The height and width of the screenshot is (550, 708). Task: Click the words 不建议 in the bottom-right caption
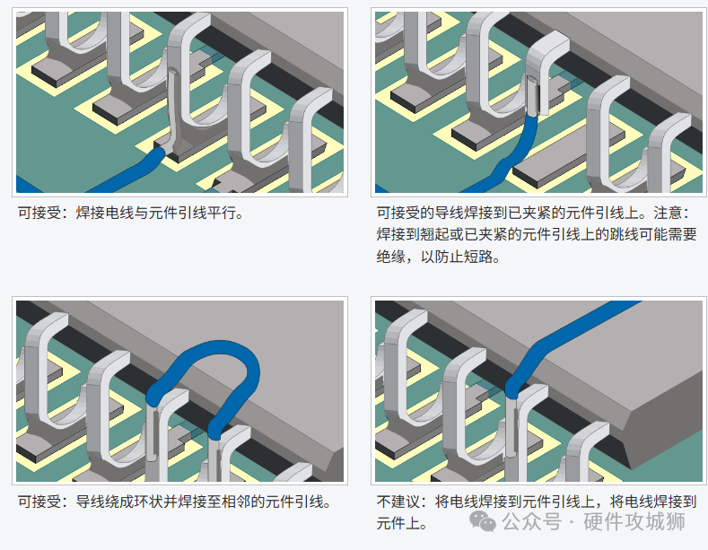point(398,502)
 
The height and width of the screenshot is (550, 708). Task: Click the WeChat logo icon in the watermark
point(482,521)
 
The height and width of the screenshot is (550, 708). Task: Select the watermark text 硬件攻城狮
point(634,521)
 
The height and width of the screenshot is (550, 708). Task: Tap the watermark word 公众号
point(532,521)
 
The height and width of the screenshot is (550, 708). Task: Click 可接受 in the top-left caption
point(39,213)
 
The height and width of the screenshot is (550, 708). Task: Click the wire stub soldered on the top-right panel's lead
point(533,95)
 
